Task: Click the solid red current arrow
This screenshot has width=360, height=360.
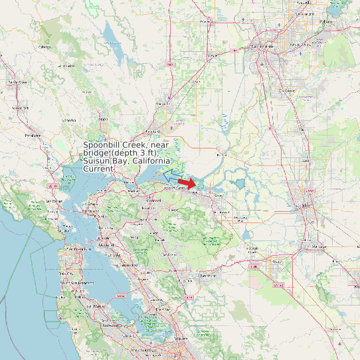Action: (x=187, y=183)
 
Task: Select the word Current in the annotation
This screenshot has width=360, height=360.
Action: (x=98, y=169)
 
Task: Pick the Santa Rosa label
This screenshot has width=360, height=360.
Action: (x=17, y=82)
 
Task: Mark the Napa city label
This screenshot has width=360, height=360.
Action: (x=104, y=120)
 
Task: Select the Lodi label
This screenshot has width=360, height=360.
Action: (x=305, y=161)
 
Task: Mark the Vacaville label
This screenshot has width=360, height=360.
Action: (x=161, y=104)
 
